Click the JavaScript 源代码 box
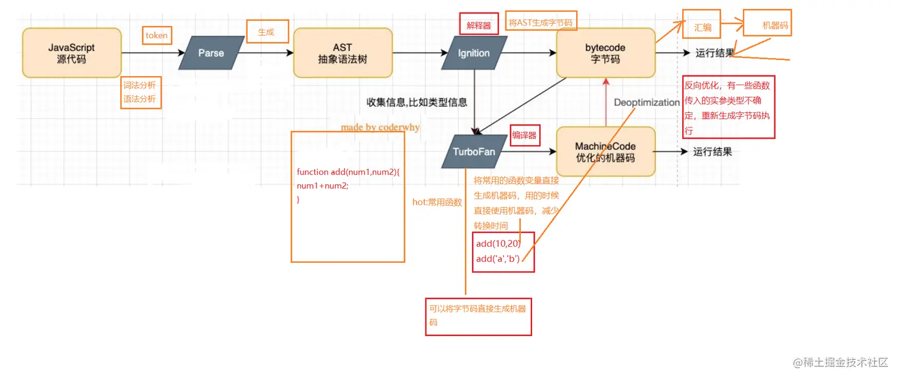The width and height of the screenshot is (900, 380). pos(71,53)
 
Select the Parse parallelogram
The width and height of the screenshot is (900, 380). pos(211,53)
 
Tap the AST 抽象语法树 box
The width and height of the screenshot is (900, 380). pos(342,53)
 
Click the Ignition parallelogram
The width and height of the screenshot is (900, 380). pos(474,53)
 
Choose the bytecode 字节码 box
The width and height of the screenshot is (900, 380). pos(605,53)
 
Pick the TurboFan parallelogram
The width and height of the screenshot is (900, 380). pos(474,151)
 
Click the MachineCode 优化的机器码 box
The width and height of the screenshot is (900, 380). pos(605,152)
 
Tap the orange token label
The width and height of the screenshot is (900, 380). pos(157,36)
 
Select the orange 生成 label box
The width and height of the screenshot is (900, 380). pos(265,33)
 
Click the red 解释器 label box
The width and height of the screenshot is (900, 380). pos(479,26)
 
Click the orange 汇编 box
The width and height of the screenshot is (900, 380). pos(702,27)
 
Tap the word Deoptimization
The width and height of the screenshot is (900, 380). pos(646,102)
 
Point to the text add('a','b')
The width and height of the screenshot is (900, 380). pos(498,258)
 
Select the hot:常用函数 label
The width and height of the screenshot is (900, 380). pos(437,202)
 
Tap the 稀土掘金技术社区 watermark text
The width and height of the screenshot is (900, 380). pos(839,362)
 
